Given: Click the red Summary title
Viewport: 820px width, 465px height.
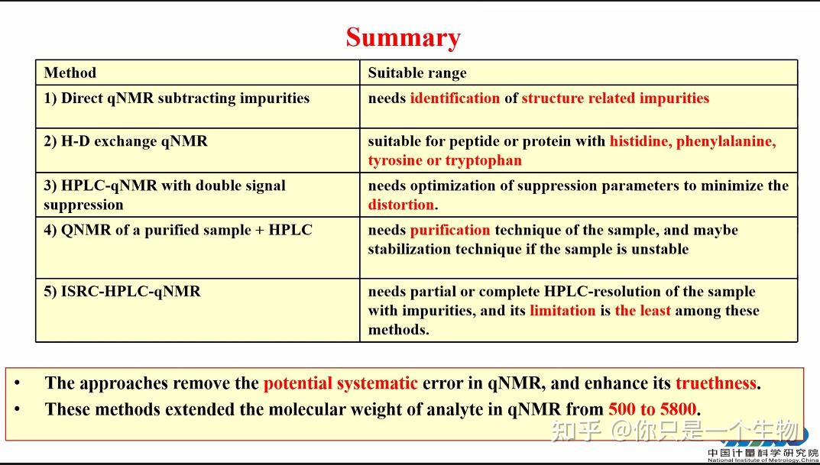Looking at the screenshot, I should coord(403,37).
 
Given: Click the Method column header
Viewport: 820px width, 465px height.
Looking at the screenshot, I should coord(70,73).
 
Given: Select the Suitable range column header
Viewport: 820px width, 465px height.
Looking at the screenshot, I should coord(416,73).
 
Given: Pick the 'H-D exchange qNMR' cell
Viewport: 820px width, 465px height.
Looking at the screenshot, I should coord(125,141).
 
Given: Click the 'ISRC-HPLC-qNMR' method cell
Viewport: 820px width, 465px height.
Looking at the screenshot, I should coord(122,292).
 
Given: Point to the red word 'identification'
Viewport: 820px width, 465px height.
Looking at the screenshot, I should coord(455,98).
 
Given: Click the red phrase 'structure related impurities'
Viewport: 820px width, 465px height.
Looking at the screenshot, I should coord(615,98).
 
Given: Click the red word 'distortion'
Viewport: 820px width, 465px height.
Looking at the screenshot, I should coord(400,205).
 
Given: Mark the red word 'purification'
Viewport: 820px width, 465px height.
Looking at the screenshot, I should coord(450,230).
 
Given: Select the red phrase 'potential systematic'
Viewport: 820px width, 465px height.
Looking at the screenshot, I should coord(340,383).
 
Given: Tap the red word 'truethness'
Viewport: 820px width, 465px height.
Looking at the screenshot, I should coord(715,383).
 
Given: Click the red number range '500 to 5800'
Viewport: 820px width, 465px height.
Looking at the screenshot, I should coord(653,409).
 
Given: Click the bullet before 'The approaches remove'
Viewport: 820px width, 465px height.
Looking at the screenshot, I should coord(18,383).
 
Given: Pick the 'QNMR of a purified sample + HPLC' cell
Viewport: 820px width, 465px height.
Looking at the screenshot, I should coord(177,230).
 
